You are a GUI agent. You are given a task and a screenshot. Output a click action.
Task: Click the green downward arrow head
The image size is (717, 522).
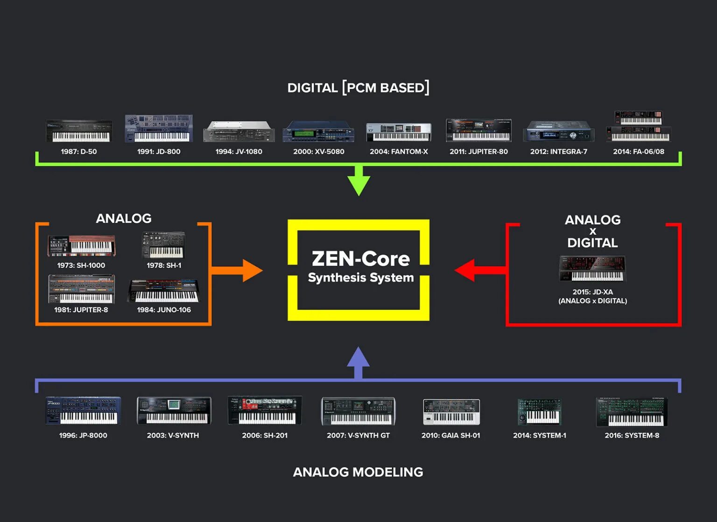(358, 185)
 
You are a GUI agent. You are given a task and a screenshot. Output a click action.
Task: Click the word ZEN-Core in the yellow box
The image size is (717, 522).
(360, 258)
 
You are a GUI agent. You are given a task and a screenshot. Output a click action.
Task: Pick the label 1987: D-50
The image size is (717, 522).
(79, 151)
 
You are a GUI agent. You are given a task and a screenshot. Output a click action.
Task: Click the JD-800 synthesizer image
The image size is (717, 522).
(159, 129)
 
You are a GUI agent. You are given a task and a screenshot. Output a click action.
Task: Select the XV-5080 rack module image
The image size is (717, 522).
(318, 132)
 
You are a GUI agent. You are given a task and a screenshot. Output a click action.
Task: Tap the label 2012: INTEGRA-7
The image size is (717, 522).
(559, 151)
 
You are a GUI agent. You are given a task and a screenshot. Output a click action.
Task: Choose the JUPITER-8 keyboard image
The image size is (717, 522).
(81, 289)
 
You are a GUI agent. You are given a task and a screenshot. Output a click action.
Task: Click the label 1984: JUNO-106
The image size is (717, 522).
(164, 309)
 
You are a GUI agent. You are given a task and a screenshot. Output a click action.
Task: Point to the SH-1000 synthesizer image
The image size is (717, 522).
(81, 246)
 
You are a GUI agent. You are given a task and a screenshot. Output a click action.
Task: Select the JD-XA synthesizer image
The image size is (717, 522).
(592, 269)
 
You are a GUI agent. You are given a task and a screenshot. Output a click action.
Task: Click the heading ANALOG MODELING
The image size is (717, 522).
(358, 472)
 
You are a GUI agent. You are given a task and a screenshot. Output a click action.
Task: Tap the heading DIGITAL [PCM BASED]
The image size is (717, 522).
(358, 87)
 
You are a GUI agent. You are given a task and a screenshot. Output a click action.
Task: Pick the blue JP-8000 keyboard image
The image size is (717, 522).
(83, 410)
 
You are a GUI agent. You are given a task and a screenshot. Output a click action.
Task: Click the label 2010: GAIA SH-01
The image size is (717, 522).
(450, 435)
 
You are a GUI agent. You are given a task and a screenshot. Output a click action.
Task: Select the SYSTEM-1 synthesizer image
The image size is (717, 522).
(539, 411)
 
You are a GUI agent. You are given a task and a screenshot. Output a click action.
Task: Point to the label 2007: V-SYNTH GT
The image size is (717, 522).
(358, 435)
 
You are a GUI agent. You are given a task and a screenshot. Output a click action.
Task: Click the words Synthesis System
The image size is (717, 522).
(360, 278)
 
